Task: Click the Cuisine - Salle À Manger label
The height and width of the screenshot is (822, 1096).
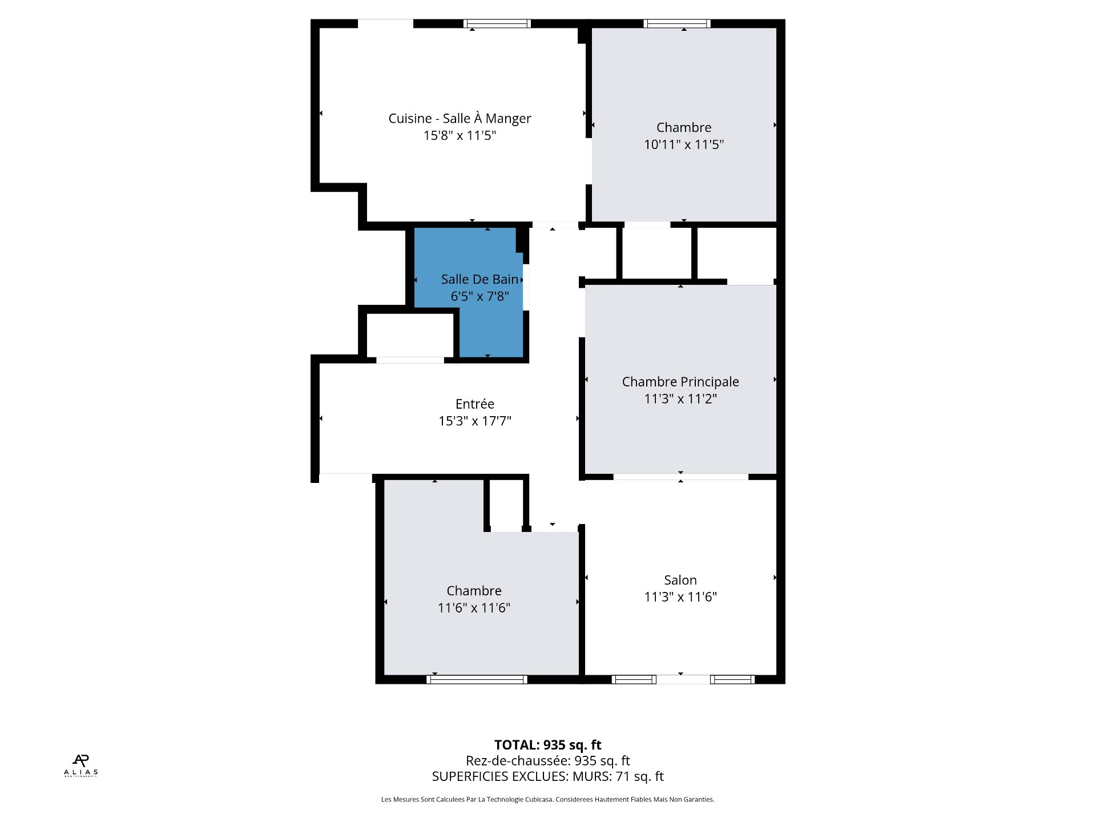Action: click(x=460, y=118)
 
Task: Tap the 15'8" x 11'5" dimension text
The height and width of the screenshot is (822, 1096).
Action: click(x=460, y=135)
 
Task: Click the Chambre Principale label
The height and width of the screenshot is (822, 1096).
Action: click(x=680, y=382)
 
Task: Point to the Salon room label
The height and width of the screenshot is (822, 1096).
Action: click(x=680, y=580)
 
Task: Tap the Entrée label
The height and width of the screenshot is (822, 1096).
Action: click(x=475, y=404)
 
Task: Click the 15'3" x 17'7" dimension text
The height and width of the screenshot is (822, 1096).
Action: click(x=475, y=421)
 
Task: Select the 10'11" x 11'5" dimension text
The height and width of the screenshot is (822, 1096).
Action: click(x=684, y=144)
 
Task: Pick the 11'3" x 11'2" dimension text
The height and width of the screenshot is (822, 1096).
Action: click(x=680, y=398)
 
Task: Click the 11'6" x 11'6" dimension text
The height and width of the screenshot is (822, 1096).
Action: click(x=474, y=608)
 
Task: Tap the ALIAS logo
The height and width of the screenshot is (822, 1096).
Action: click(x=80, y=765)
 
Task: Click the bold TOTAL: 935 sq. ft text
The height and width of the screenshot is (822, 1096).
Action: click(x=548, y=745)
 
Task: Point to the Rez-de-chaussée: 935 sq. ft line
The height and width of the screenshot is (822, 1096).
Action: click(x=548, y=761)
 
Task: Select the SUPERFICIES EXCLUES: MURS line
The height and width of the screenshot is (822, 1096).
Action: click(x=548, y=776)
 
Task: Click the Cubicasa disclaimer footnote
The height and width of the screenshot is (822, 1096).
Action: click(x=548, y=800)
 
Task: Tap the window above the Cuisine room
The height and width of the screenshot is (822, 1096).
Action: click(x=497, y=24)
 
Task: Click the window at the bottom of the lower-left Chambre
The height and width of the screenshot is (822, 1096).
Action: click(x=477, y=679)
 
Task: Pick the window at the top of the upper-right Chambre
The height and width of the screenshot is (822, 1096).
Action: click(x=677, y=24)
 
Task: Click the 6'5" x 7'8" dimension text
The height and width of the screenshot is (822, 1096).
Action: click(x=479, y=296)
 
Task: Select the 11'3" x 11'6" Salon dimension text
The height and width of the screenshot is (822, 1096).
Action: click(x=680, y=597)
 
